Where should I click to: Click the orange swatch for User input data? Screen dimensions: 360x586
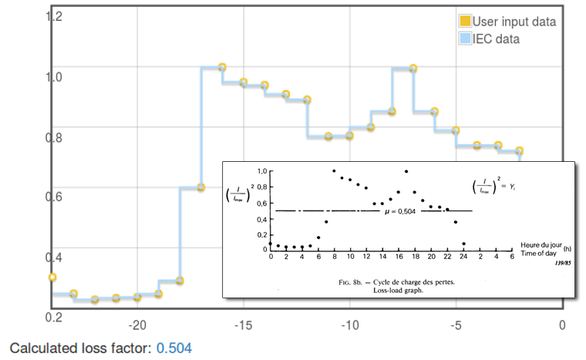pos(465,22)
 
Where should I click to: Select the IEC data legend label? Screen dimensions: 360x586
pos(496,39)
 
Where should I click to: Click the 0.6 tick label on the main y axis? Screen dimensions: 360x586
pos(55,197)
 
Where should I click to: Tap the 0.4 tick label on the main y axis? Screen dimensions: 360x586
pos(55,257)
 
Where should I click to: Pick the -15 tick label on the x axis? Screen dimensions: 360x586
pos(243,325)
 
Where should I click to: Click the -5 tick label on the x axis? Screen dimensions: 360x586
pos(456,325)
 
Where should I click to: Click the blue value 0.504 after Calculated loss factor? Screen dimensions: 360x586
pos(173,348)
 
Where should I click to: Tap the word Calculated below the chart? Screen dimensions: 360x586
pos(41,348)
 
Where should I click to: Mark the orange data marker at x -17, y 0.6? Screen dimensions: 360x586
pos(200,187)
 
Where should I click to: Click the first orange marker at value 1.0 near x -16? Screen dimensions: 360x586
pos(222,68)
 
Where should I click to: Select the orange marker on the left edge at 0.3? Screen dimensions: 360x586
pos(52,277)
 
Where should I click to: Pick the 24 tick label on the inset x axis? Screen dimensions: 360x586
pos(463,256)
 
